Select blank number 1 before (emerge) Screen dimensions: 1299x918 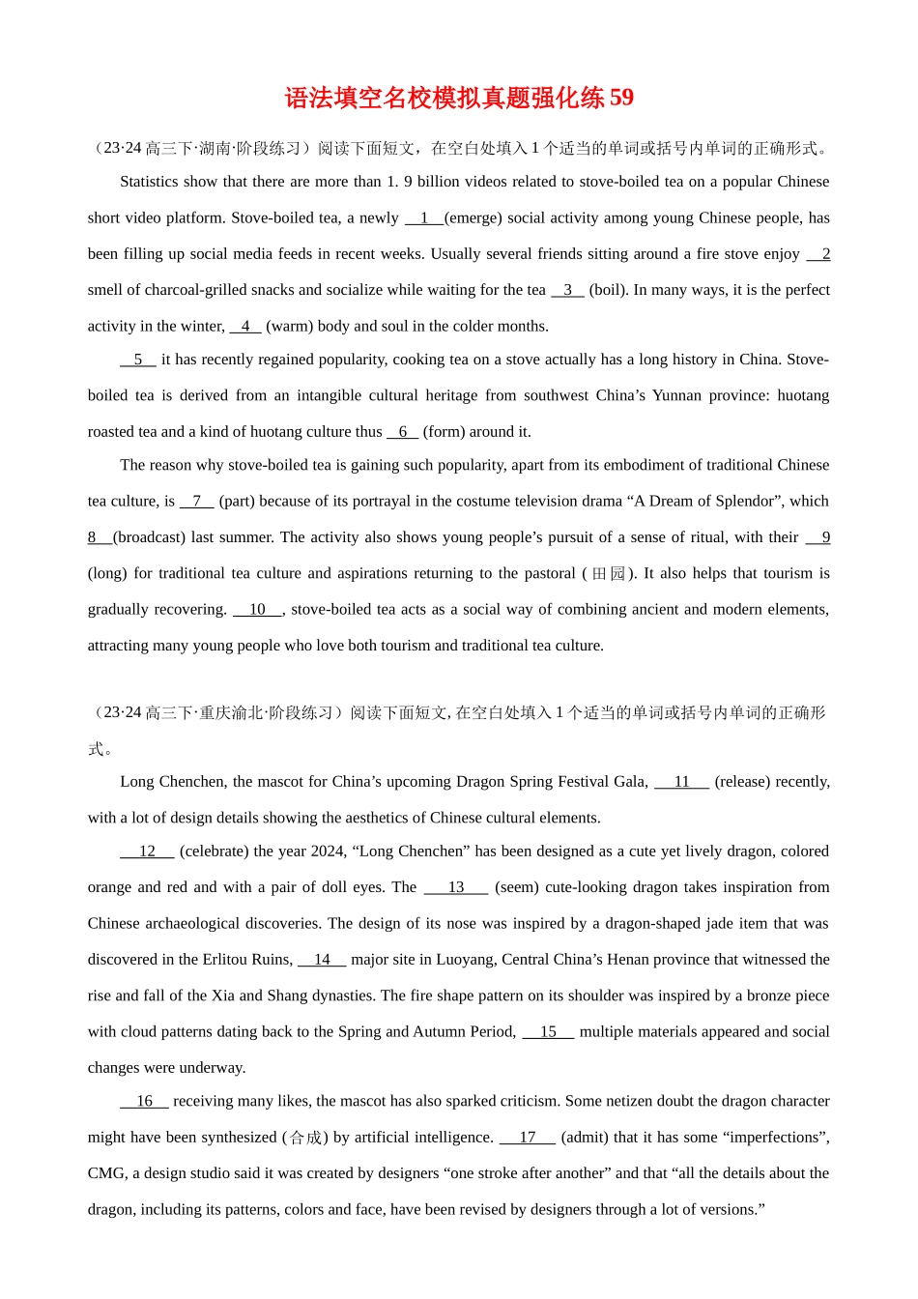pyautogui.click(x=424, y=218)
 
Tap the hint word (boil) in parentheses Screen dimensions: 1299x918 pyautogui.click(x=607, y=290)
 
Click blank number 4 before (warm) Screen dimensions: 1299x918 pyautogui.click(x=245, y=327)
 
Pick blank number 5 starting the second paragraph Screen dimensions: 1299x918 pyautogui.click(x=138, y=360)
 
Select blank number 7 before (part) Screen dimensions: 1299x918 pyautogui.click(x=197, y=502)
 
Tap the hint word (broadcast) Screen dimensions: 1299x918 pyautogui.click(x=149, y=537)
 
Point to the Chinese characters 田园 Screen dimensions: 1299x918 pyautogui.click(x=609, y=574)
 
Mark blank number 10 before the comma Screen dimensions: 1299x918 pyautogui.click(x=257, y=610)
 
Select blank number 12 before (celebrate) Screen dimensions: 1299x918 pyautogui.click(x=147, y=852)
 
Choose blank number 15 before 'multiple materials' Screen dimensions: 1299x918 pyautogui.click(x=548, y=1032)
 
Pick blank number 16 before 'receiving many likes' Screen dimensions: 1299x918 pyautogui.click(x=144, y=1101)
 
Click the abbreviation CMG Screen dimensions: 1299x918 pyautogui.click(x=106, y=1173)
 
